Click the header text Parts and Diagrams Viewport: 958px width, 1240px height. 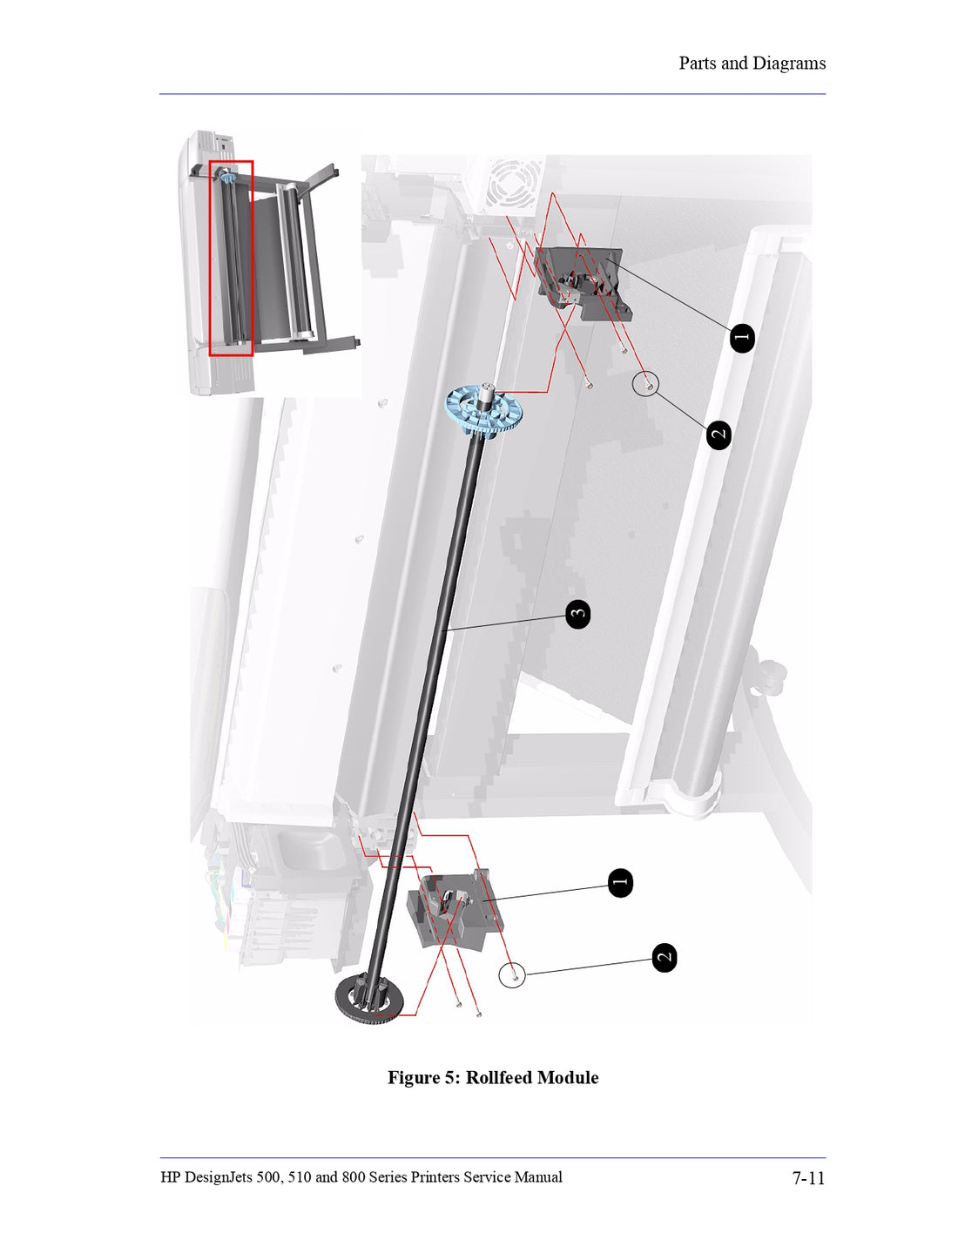(x=752, y=64)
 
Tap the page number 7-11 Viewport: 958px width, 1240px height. (x=807, y=1178)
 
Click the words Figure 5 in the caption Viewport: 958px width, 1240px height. (x=424, y=1078)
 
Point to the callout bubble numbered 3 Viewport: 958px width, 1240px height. (x=577, y=614)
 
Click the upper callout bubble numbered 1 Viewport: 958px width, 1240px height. (x=741, y=338)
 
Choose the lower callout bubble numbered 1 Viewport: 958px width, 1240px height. (x=620, y=883)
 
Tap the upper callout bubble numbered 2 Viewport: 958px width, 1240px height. (x=718, y=434)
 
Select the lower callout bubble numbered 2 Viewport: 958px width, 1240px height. (x=665, y=958)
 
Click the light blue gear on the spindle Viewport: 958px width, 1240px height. (x=484, y=409)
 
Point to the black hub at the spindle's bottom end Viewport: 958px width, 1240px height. (x=369, y=997)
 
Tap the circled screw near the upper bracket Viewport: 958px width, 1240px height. (x=645, y=383)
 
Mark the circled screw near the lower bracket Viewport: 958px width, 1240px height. (x=512, y=974)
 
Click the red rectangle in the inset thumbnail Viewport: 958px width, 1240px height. (x=231, y=258)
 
